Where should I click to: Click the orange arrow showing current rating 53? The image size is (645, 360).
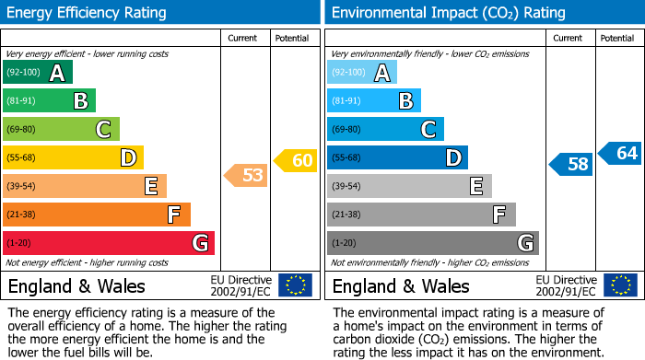[x=247, y=175]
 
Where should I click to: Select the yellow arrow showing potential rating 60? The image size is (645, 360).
[x=296, y=160]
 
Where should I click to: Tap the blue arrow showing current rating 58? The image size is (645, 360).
[x=571, y=165]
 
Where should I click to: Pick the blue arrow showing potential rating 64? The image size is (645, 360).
[x=620, y=153]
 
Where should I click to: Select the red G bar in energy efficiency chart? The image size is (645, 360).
[x=109, y=243]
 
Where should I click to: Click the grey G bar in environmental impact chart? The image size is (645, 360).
[x=432, y=243]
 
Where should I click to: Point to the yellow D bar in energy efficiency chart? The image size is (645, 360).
[x=73, y=158]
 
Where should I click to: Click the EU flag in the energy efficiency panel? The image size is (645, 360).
[x=295, y=285]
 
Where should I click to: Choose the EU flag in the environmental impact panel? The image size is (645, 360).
[x=619, y=285]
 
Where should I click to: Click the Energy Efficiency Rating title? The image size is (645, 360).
[x=88, y=13]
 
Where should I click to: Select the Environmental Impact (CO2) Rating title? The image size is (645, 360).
[x=448, y=13]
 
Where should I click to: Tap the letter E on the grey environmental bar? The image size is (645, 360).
[x=476, y=187]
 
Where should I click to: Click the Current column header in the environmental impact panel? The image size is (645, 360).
[x=569, y=38]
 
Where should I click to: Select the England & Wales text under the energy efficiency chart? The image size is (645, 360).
[x=76, y=285]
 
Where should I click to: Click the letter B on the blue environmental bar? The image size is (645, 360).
[x=405, y=101]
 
